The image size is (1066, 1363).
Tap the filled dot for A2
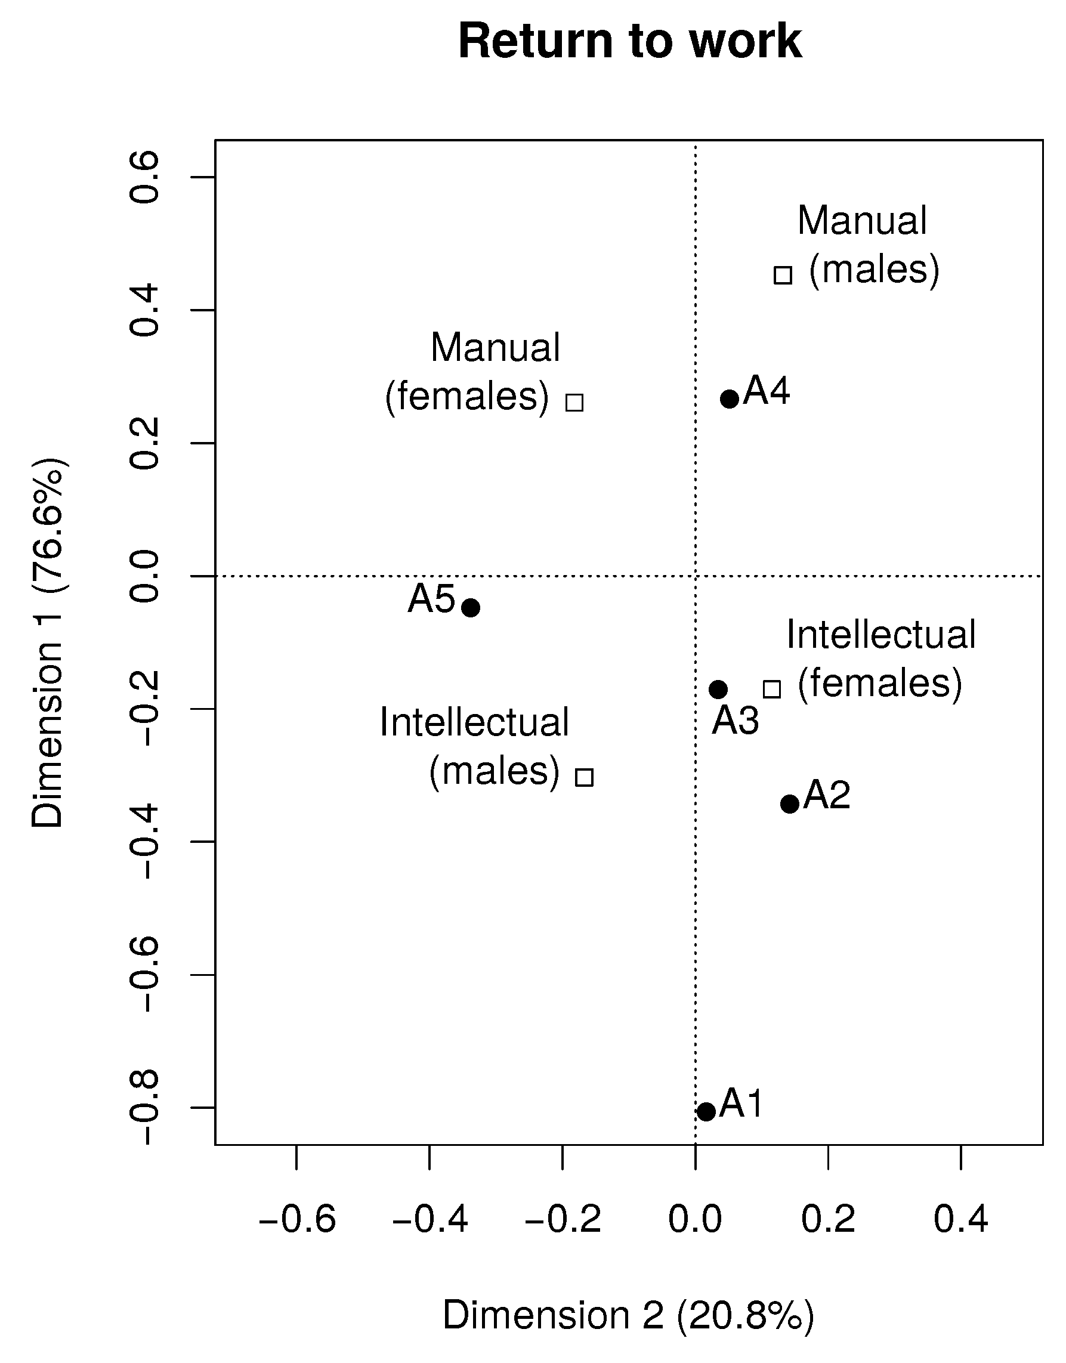coord(790,804)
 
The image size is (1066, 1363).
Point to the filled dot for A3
coord(718,690)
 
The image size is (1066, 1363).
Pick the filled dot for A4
coord(730,399)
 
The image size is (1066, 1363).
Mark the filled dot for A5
coord(471,607)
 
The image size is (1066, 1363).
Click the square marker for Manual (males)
coord(783,274)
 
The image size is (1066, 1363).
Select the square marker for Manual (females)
coord(575,403)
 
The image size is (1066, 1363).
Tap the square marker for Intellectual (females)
coord(772,689)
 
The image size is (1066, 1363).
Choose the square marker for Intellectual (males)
coord(584,778)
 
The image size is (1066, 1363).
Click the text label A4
coord(767,391)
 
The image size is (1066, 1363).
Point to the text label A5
coord(431,599)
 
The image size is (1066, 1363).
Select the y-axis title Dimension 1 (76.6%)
coord(48,643)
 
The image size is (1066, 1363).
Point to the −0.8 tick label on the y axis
coord(144,1108)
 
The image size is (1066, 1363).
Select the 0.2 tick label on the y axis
coord(144,443)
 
